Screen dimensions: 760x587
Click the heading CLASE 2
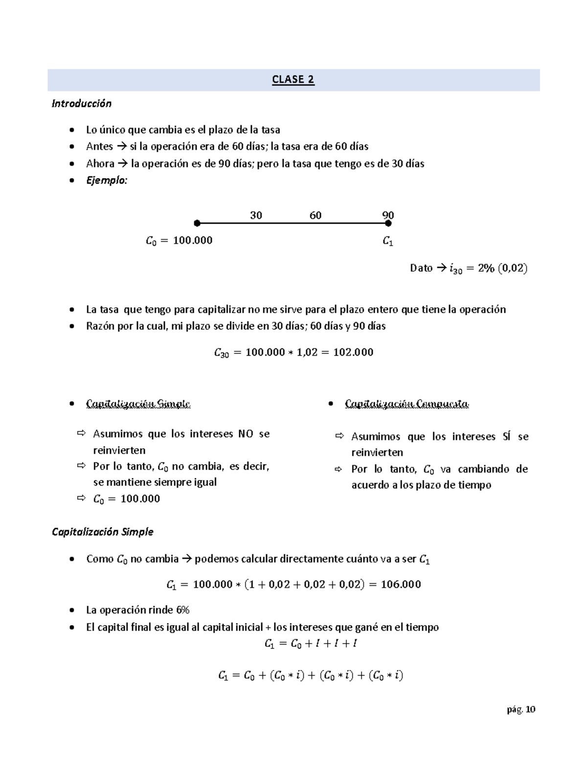click(x=293, y=80)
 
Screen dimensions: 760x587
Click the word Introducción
click(x=82, y=104)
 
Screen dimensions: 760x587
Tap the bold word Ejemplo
click(x=106, y=181)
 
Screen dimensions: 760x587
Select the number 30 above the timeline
click(x=256, y=215)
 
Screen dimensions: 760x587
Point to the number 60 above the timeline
click(x=316, y=215)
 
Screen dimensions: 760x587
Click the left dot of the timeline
click(x=197, y=224)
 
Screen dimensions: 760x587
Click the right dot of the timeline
click(x=388, y=224)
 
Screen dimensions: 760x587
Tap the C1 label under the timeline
click(x=388, y=241)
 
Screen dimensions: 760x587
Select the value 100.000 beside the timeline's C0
click(x=193, y=241)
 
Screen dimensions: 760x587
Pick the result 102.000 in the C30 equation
click(x=353, y=352)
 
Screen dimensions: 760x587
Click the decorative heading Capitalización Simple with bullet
click(x=138, y=404)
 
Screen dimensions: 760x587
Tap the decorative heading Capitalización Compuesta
click(x=406, y=404)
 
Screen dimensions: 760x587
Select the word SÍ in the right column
click(x=506, y=437)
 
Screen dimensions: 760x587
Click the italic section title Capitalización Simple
click(x=103, y=532)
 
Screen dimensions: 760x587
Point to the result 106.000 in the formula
click(x=401, y=584)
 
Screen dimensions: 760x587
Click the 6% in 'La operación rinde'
click(x=183, y=610)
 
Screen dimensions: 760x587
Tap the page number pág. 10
click(x=521, y=710)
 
